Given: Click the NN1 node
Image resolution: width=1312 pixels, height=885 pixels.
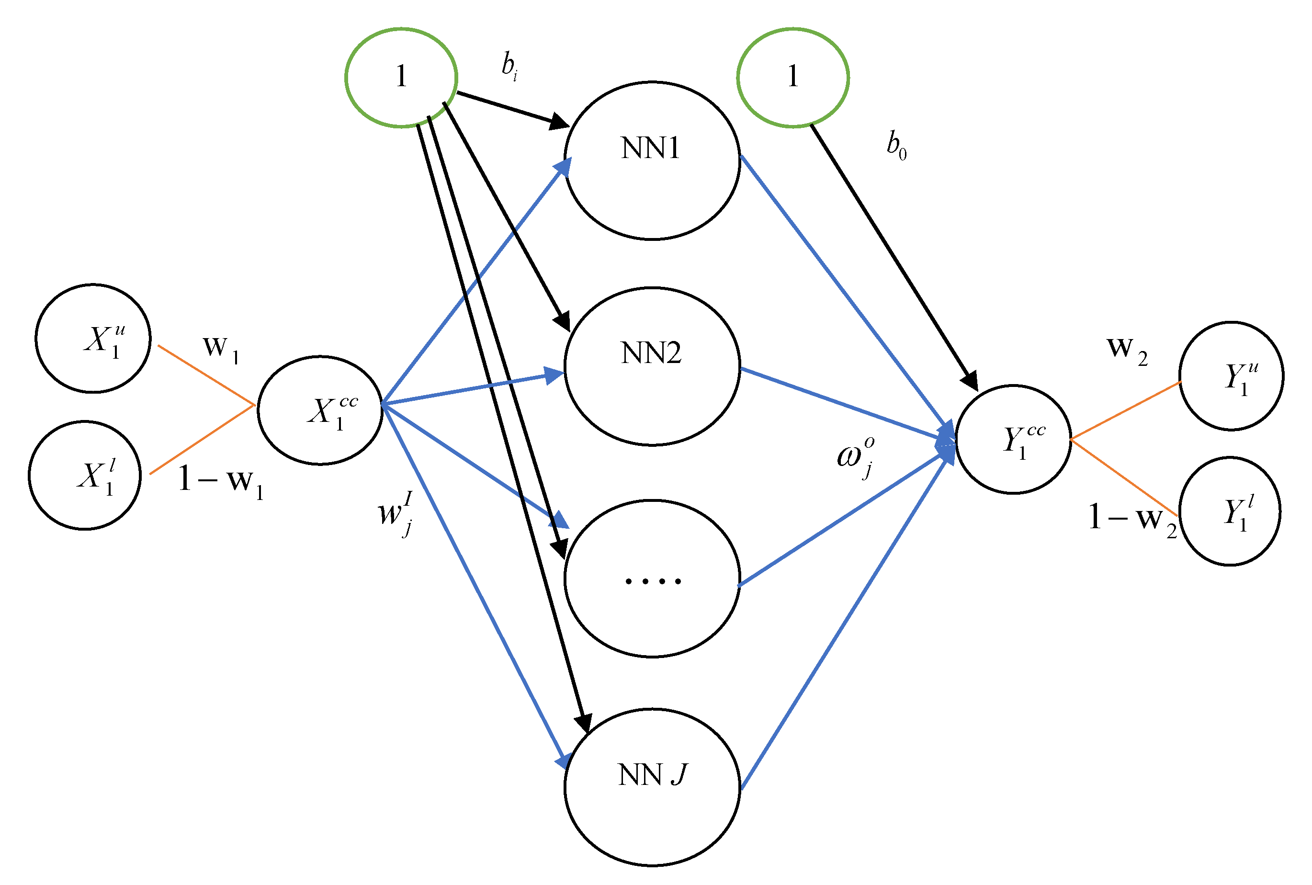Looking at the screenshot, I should pyautogui.click(x=652, y=161).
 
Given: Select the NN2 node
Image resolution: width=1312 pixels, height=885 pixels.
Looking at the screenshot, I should pyautogui.click(x=652, y=367).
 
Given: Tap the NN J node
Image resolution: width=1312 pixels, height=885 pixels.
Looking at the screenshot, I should pyautogui.click(x=652, y=787).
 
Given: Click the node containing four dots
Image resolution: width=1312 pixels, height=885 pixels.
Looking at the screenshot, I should pyautogui.click(x=652, y=579).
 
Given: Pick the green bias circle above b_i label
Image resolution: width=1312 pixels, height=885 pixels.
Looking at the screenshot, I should pyautogui.click(x=401, y=77).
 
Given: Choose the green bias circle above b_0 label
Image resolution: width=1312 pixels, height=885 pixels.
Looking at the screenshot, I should pyautogui.click(x=792, y=77).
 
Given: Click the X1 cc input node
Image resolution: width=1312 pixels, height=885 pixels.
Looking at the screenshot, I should pyautogui.click(x=320, y=410).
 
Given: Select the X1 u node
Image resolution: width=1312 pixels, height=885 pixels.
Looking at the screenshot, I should pyautogui.click(x=93, y=338).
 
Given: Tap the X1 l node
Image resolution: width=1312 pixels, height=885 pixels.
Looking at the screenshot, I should pyautogui.click(x=85, y=475).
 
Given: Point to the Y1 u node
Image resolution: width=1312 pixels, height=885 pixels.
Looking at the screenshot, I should pyautogui.click(x=1231, y=376).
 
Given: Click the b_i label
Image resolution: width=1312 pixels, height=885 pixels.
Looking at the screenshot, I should pyautogui.click(x=509, y=66).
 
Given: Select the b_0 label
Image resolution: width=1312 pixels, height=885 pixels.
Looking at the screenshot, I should pyautogui.click(x=896, y=145).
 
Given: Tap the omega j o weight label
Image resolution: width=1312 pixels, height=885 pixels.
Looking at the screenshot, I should pyautogui.click(x=856, y=456).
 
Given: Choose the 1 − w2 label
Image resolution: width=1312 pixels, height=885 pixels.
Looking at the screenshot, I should pyautogui.click(x=1131, y=518).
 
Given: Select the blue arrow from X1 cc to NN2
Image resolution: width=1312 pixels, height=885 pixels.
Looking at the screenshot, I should pyautogui.click(x=474, y=388).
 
